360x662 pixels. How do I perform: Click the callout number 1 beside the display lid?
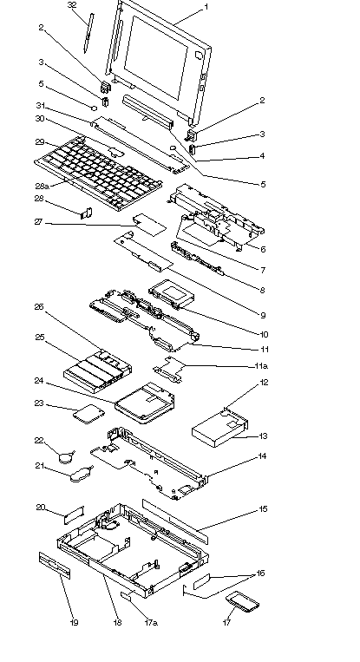[206, 7]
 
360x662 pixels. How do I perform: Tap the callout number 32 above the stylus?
[72, 5]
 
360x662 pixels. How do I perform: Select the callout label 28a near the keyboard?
[43, 187]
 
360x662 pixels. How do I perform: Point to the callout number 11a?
[261, 365]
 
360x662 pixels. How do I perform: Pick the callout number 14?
[263, 456]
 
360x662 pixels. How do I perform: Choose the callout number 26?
[39, 307]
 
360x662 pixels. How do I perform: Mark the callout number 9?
[263, 315]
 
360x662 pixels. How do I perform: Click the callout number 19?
[74, 622]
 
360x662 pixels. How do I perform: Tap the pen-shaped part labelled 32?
[88, 33]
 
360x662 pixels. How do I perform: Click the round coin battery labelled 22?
[66, 457]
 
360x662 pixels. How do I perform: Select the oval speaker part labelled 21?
[80, 474]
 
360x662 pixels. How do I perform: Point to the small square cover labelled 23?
[87, 414]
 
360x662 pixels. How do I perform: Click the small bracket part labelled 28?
[87, 213]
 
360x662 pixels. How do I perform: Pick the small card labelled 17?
[242, 601]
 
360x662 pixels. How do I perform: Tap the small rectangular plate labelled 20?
[75, 515]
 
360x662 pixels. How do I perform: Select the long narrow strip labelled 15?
[175, 521]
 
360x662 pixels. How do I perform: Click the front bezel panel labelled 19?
[55, 565]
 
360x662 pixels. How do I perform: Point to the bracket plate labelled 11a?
[170, 368]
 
